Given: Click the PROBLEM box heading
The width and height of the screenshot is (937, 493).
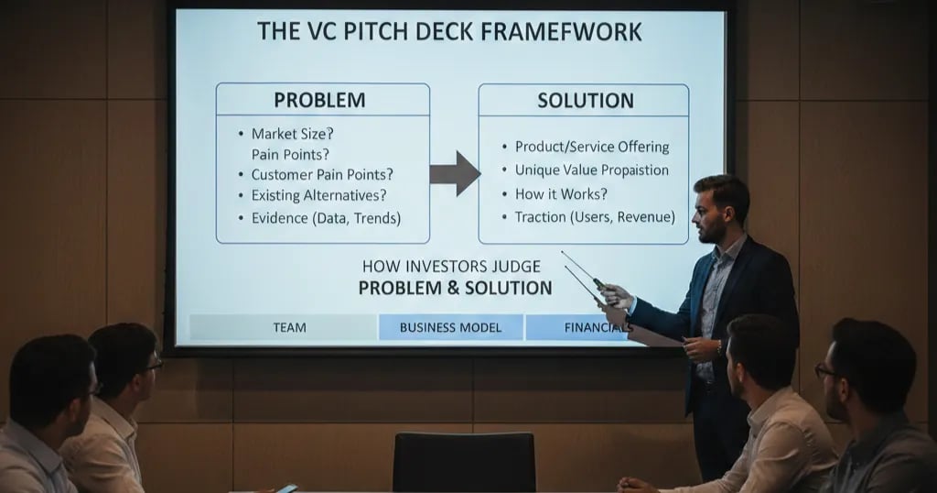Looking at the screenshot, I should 319,100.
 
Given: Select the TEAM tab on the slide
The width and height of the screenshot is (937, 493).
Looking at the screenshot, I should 289,327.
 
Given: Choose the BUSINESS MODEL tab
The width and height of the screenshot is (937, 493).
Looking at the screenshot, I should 450,327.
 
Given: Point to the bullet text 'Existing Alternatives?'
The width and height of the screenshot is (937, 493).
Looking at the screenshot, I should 318,195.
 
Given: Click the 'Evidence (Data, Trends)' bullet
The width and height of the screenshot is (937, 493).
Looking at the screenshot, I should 326,218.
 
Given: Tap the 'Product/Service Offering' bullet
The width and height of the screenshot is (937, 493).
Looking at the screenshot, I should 591,147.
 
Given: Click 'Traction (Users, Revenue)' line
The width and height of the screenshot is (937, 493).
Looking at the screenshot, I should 594,217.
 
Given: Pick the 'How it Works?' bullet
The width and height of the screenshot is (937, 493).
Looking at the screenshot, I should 561,193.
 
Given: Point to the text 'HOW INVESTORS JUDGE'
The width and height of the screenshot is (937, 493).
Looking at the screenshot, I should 451,267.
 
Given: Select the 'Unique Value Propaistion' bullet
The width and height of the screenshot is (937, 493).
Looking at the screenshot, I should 591,170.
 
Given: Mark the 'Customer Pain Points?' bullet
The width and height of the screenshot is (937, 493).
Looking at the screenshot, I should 328,174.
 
